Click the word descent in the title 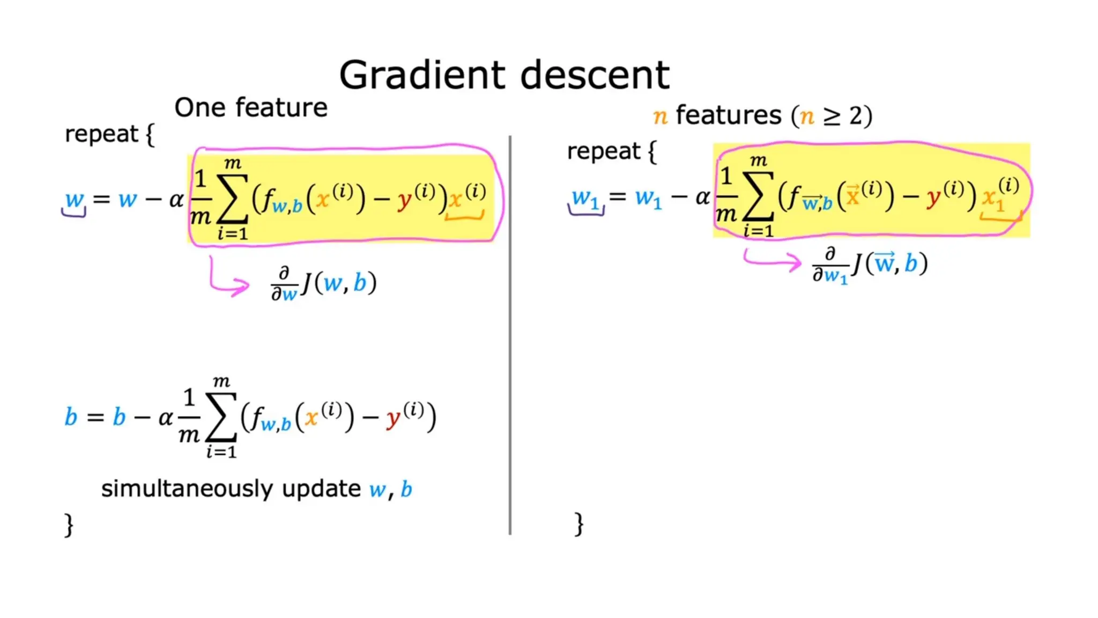[x=595, y=75]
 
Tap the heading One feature [x=250, y=108]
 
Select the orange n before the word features [x=661, y=116]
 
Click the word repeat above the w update [x=101, y=134]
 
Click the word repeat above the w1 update [x=603, y=151]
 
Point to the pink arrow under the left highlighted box [x=228, y=279]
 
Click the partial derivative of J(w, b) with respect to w [x=323, y=284]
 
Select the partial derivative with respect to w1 [x=870, y=264]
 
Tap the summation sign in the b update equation [x=221, y=418]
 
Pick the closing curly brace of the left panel [x=69, y=524]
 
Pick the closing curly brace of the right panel [x=578, y=524]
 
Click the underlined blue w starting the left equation [x=74, y=200]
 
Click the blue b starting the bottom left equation [x=71, y=417]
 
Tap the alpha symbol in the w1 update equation [x=702, y=197]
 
